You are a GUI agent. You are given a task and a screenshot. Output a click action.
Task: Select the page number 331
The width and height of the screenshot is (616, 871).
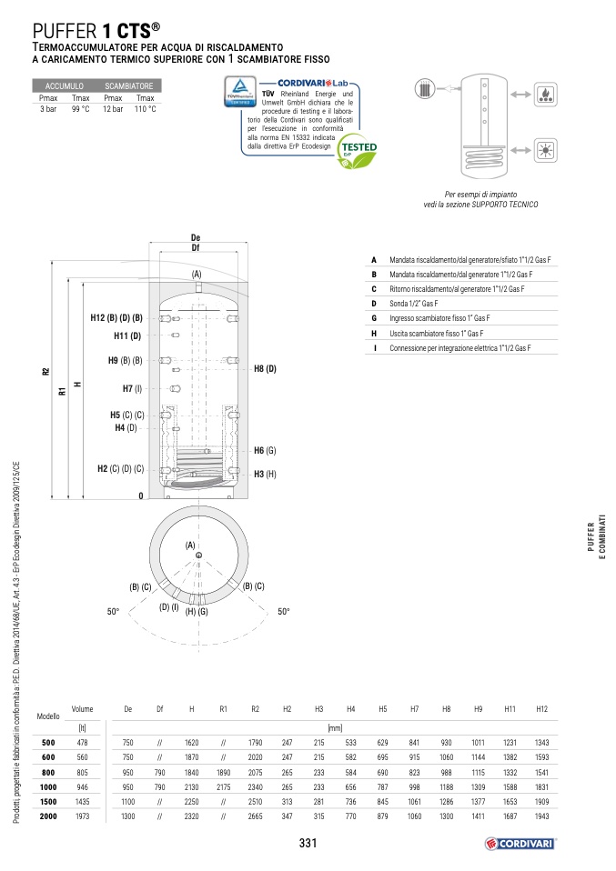coord(308,844)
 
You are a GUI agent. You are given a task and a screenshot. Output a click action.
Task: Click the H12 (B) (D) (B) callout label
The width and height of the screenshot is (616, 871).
coord(117,318)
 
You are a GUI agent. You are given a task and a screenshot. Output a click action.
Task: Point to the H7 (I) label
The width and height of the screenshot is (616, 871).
coord(132,388)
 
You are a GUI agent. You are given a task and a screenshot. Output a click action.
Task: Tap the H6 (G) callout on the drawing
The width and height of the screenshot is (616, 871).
coord(265,451)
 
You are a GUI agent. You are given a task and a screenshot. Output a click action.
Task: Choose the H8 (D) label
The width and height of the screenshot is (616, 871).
coord(265,368)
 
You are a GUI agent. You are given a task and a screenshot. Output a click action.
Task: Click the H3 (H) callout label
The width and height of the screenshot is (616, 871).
coord(265,474)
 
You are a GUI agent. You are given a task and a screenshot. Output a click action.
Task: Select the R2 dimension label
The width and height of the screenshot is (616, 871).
coord(45,373)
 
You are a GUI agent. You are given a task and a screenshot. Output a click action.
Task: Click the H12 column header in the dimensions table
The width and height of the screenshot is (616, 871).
coord(541,709)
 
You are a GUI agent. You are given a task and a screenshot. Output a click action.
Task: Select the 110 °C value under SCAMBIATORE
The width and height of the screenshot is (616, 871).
coord(145,109)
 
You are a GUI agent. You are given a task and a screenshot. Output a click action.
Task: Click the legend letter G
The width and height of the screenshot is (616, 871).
coord(374,318)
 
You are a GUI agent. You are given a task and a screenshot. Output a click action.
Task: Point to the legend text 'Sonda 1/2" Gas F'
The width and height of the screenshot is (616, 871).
coord(413,304)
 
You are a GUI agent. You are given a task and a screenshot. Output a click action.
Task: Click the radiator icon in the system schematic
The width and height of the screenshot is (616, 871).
coord(426,90)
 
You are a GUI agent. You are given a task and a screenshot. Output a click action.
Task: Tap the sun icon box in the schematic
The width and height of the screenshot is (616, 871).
coord(546,151)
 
